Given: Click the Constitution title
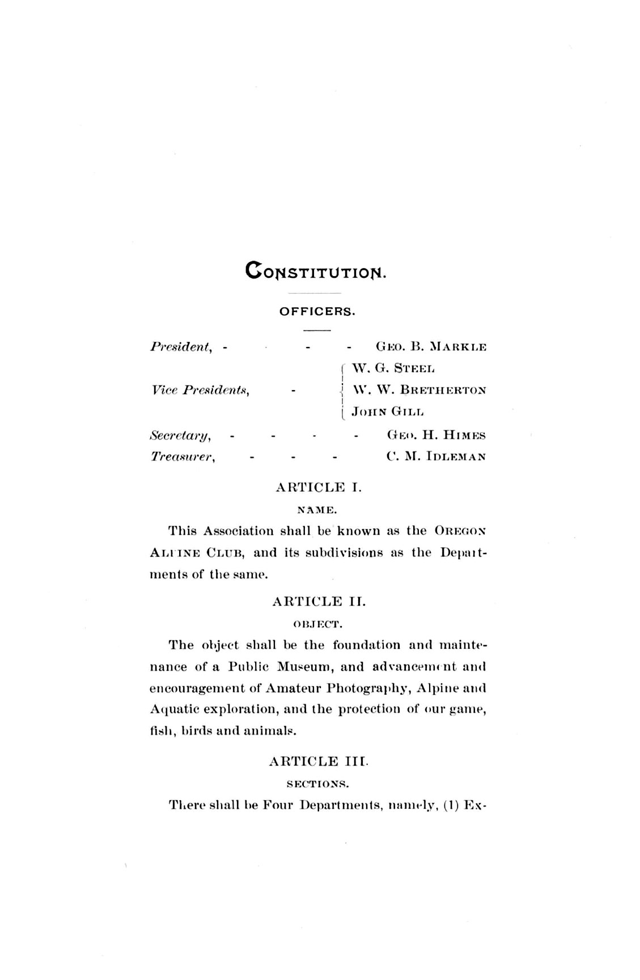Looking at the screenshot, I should click(x=316, y=271).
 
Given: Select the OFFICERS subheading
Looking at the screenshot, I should click(x=317, y=311).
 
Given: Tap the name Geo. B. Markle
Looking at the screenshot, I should click(x=431, y=347).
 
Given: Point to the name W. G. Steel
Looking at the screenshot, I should click(x=393, y=369).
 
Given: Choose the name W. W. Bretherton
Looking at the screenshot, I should click(x=419, y=390).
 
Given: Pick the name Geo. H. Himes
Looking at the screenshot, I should click(x=436, y=436).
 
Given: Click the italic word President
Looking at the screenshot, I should click(x=181, y=347).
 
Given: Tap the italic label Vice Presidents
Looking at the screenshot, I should click(x=201, y=390).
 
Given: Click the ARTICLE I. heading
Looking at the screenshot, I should click(x=318, y=487).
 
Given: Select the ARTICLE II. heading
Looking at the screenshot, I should click(x=319, y=602).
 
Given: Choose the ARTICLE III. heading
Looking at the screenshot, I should click(x=319, y=762).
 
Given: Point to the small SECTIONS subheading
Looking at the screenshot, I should click(x=316, y=784).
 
